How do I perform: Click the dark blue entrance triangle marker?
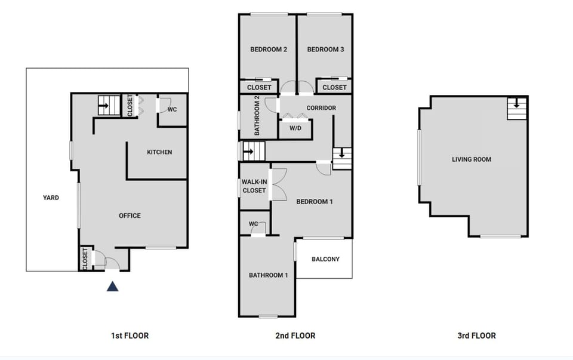(x=112, y=287)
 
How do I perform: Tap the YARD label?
(x=51, y=198)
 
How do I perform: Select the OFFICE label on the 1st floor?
(x=130, y=216)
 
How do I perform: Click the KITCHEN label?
(x=159, y=152)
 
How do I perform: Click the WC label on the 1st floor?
(x=172, y=110)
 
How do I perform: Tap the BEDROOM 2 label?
(x=269, y=50)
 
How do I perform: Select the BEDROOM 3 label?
(x=325, y=50)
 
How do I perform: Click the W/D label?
(x=295, y=128)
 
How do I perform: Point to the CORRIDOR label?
(x=321, y=108)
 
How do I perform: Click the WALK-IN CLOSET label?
(x=254, y=186)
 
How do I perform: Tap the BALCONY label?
(x=325, y=259)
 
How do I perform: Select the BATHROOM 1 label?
(x=269, y=275)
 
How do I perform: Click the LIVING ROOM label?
(x=472, y=159)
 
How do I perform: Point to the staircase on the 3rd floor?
(x=517, y=108)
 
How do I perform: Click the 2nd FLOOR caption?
(x=295, y=336)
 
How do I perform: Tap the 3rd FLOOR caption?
(x=476, y=336)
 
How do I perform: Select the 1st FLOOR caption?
(x=130, y=336)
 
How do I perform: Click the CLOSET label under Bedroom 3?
(x=334, y=87)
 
